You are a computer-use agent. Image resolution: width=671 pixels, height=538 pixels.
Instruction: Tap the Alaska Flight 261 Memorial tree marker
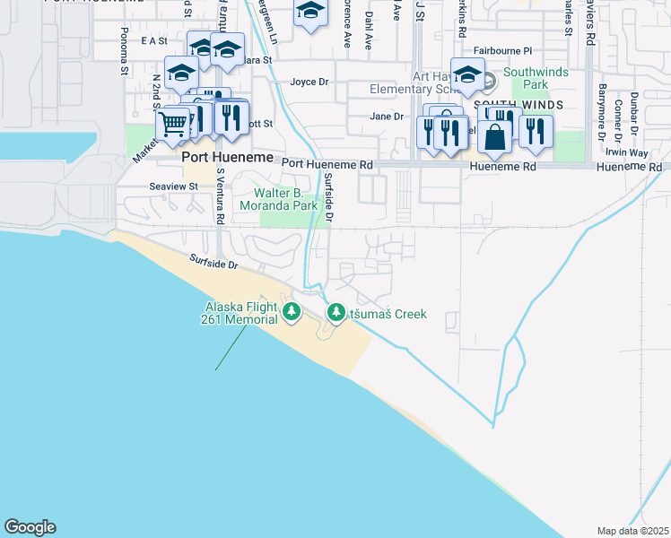(291, 312)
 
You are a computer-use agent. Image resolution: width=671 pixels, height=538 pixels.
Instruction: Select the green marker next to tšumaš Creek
(336, 313)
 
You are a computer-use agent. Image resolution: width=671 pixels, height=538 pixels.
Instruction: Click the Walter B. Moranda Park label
(285, 199)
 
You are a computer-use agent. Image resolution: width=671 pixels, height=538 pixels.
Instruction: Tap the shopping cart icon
(172, 125)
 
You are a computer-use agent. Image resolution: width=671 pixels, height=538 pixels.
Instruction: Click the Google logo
(30, 527)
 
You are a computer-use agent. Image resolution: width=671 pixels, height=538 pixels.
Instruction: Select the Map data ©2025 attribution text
(632, 531)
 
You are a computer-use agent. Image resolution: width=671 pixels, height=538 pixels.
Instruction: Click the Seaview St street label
(173, 187)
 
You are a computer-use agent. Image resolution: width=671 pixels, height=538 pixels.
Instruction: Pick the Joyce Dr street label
(309, 82)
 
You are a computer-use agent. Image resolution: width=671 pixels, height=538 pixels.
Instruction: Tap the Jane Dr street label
(387, 117)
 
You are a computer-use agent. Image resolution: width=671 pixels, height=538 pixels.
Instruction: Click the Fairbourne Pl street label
(503, 51)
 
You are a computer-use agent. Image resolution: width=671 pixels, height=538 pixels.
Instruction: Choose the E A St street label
(154, 40)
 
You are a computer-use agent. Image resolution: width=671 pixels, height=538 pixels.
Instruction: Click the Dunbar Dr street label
(634, 112)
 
